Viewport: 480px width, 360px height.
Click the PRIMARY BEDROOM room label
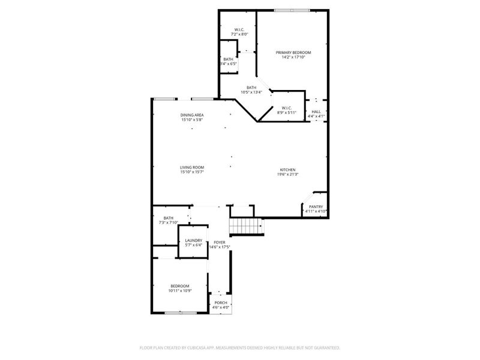pyautogui.click(x=293, y=53)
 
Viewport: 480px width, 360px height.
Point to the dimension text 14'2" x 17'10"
pyautogui.click(x=293, y=58)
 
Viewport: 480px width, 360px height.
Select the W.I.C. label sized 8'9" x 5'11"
pyautogui.click(x=286, y=107)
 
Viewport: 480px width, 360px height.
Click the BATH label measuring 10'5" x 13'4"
pyautogui.click(x=251, y=88)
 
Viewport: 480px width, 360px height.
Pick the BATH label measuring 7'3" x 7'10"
pyautogui.click(x=169, y=218)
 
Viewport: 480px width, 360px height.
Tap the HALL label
pyautogui.click(x=316, y=112)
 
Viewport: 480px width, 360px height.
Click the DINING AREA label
pyautogui.click(x=192, y=115)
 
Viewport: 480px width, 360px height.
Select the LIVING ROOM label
pyautogui.click(x=192, y=167)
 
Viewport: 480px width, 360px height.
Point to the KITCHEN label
pyautogui.click(x=288, y=170)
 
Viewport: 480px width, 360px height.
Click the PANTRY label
pyautogui.click(x=316, y=206)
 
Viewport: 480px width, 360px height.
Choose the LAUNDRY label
pyautogui.click(x=193, y=241)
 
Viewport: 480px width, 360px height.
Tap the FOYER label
pyautogui.click(x=219, y=242)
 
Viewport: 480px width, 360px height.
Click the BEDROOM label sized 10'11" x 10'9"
pyautogui.click(x=179, y=286)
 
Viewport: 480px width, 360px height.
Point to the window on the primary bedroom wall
pyautogui.click(x=292, y=10)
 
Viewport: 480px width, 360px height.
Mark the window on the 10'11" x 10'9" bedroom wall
pyautogui.click(x=180, y=313)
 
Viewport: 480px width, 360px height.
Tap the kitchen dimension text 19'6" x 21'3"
pyautogui.click(x=288, y=175)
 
